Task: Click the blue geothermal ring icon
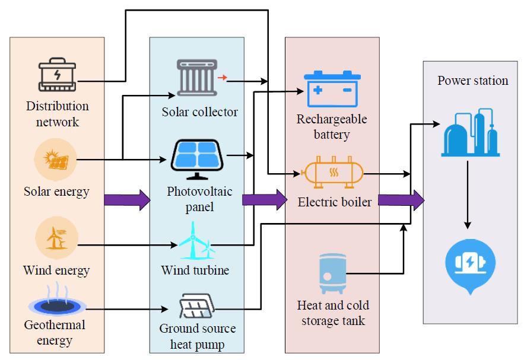57,305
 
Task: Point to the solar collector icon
196,77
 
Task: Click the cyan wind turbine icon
196,241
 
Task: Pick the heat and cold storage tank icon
332,274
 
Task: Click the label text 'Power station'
473,81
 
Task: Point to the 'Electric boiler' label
335,202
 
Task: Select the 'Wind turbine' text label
195,270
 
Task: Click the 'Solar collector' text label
199,111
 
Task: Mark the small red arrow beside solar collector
222,77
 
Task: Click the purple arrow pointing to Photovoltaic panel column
127,199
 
